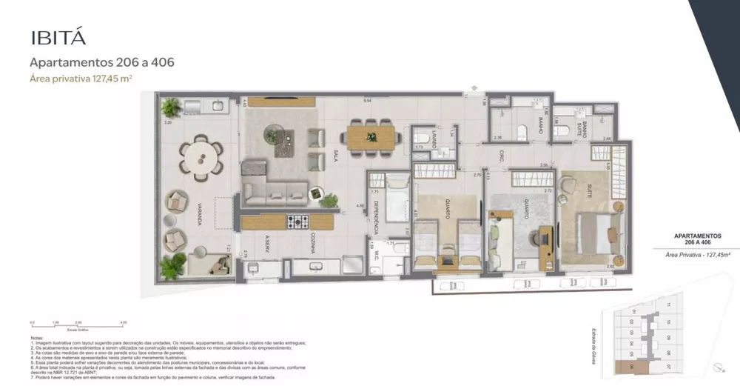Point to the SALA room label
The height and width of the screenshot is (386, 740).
point(335,156)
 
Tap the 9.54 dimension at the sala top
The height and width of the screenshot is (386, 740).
point(366,100)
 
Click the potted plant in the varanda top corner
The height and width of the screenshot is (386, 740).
point(171,107)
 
